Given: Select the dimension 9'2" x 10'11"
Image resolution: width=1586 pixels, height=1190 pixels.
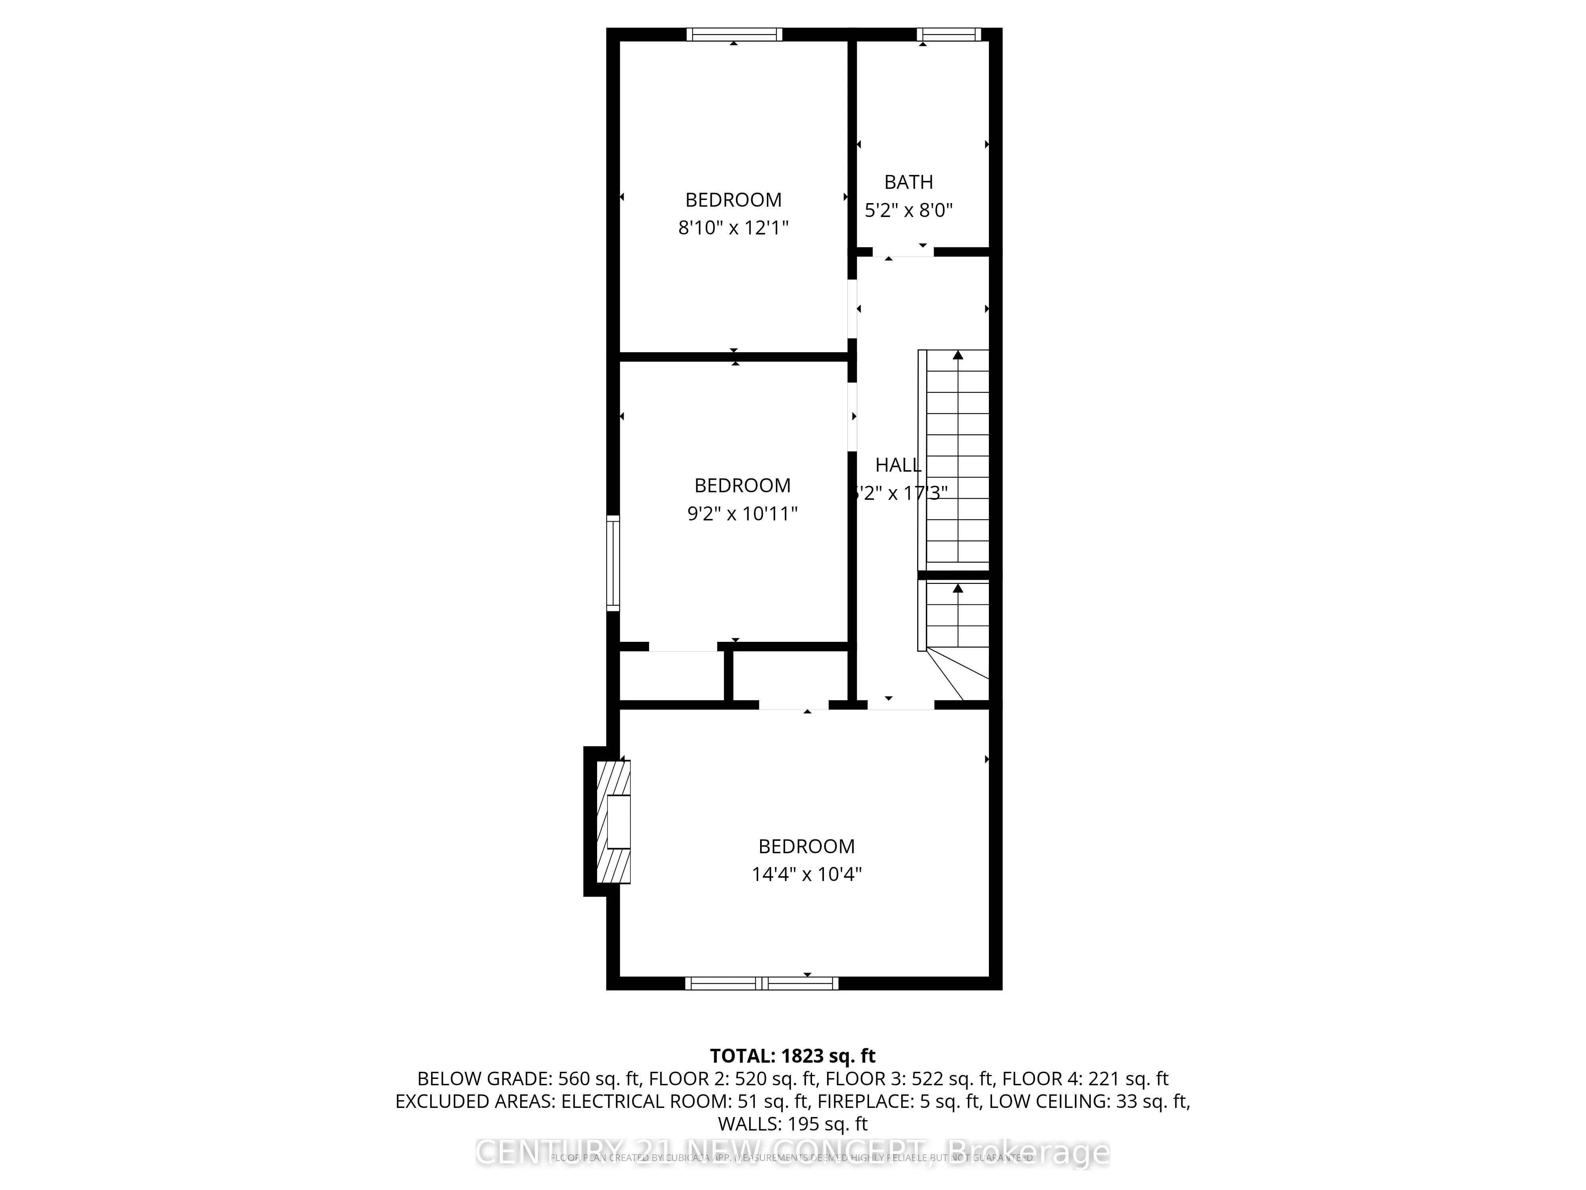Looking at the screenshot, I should click(742, 514).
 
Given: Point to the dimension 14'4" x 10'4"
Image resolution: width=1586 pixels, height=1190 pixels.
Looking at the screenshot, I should click(806, 874).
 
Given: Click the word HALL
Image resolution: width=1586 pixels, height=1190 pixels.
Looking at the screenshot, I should click(898, 465).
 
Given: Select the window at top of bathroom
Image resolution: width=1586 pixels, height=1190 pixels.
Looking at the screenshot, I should click(948, 34).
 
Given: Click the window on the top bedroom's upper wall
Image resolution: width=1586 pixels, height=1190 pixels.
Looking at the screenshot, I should click(734, 34).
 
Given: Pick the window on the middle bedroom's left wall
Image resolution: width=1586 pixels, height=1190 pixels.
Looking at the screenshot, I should click(613, 563).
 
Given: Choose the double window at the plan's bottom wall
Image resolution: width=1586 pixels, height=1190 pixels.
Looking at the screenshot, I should click(761, 983).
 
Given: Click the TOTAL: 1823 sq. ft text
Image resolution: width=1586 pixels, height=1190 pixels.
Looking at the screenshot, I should click(792, 1056).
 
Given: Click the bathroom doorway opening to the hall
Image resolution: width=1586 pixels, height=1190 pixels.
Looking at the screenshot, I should click(903, 252).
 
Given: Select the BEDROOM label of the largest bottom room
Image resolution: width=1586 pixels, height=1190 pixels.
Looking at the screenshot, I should click(806, 846).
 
